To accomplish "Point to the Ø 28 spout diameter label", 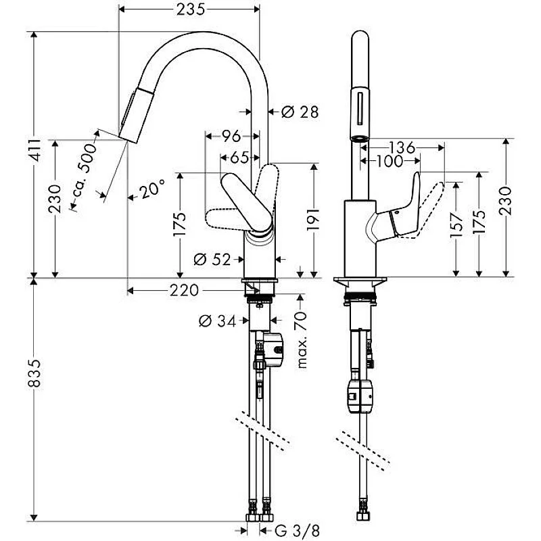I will tap(299, 112).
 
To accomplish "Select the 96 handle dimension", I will tap(231, 136).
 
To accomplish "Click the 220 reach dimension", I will tap(184, 291).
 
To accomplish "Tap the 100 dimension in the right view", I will tap(389, 161).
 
